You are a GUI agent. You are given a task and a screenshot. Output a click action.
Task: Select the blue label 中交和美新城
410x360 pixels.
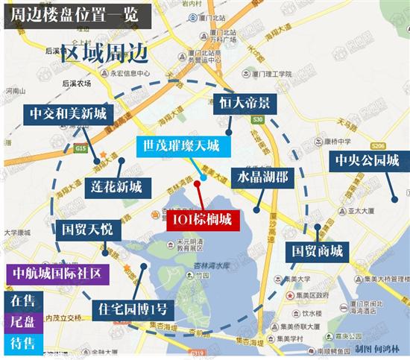click(69, 113)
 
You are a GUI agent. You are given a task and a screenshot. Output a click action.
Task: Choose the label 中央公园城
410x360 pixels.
click(367, 160)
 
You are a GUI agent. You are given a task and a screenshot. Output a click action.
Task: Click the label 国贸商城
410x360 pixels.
click(317, 250)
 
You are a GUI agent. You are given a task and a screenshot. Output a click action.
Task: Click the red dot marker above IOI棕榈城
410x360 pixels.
click(197, 181)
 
